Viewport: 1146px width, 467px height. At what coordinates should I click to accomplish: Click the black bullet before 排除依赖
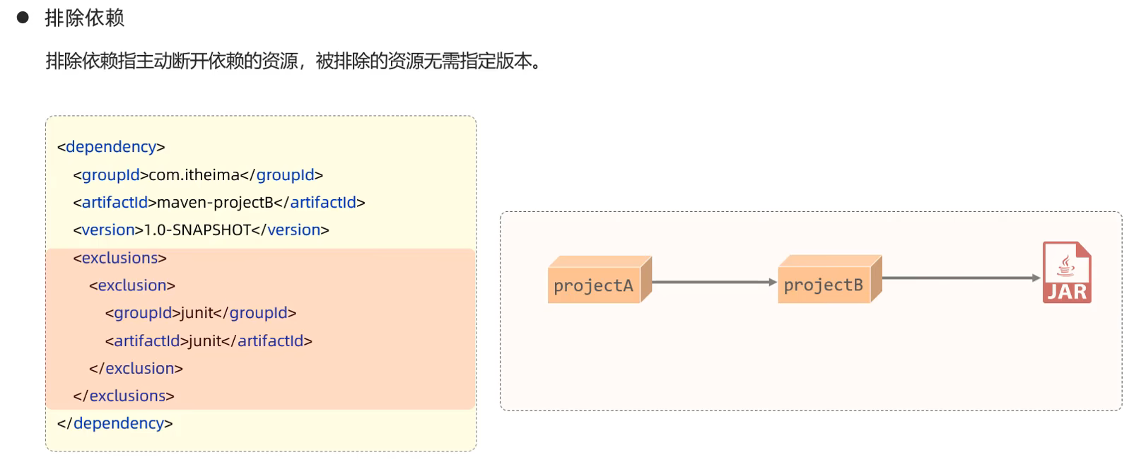23,18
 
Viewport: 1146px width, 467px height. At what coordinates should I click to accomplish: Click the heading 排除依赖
84,18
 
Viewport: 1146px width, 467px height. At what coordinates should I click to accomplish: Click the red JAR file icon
1066,273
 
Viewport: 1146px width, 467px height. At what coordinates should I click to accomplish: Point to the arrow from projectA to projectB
713,282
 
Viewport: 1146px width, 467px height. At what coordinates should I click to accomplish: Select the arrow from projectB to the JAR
961,278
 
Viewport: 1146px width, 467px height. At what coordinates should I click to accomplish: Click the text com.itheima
194,175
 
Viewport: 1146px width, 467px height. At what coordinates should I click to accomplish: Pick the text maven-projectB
215,202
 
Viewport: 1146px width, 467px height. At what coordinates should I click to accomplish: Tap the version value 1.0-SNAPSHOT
197,230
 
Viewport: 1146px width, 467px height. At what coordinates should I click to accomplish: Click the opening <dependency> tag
111,146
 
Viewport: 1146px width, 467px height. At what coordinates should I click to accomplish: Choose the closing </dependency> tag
115,423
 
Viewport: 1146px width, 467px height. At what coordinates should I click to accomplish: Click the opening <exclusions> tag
119,258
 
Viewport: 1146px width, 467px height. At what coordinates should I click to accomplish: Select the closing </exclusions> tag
124,396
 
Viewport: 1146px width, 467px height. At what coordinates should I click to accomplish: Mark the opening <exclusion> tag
132,285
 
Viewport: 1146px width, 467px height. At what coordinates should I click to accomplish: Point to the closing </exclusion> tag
136,368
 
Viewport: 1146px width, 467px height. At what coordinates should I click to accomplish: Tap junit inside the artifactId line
205,341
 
